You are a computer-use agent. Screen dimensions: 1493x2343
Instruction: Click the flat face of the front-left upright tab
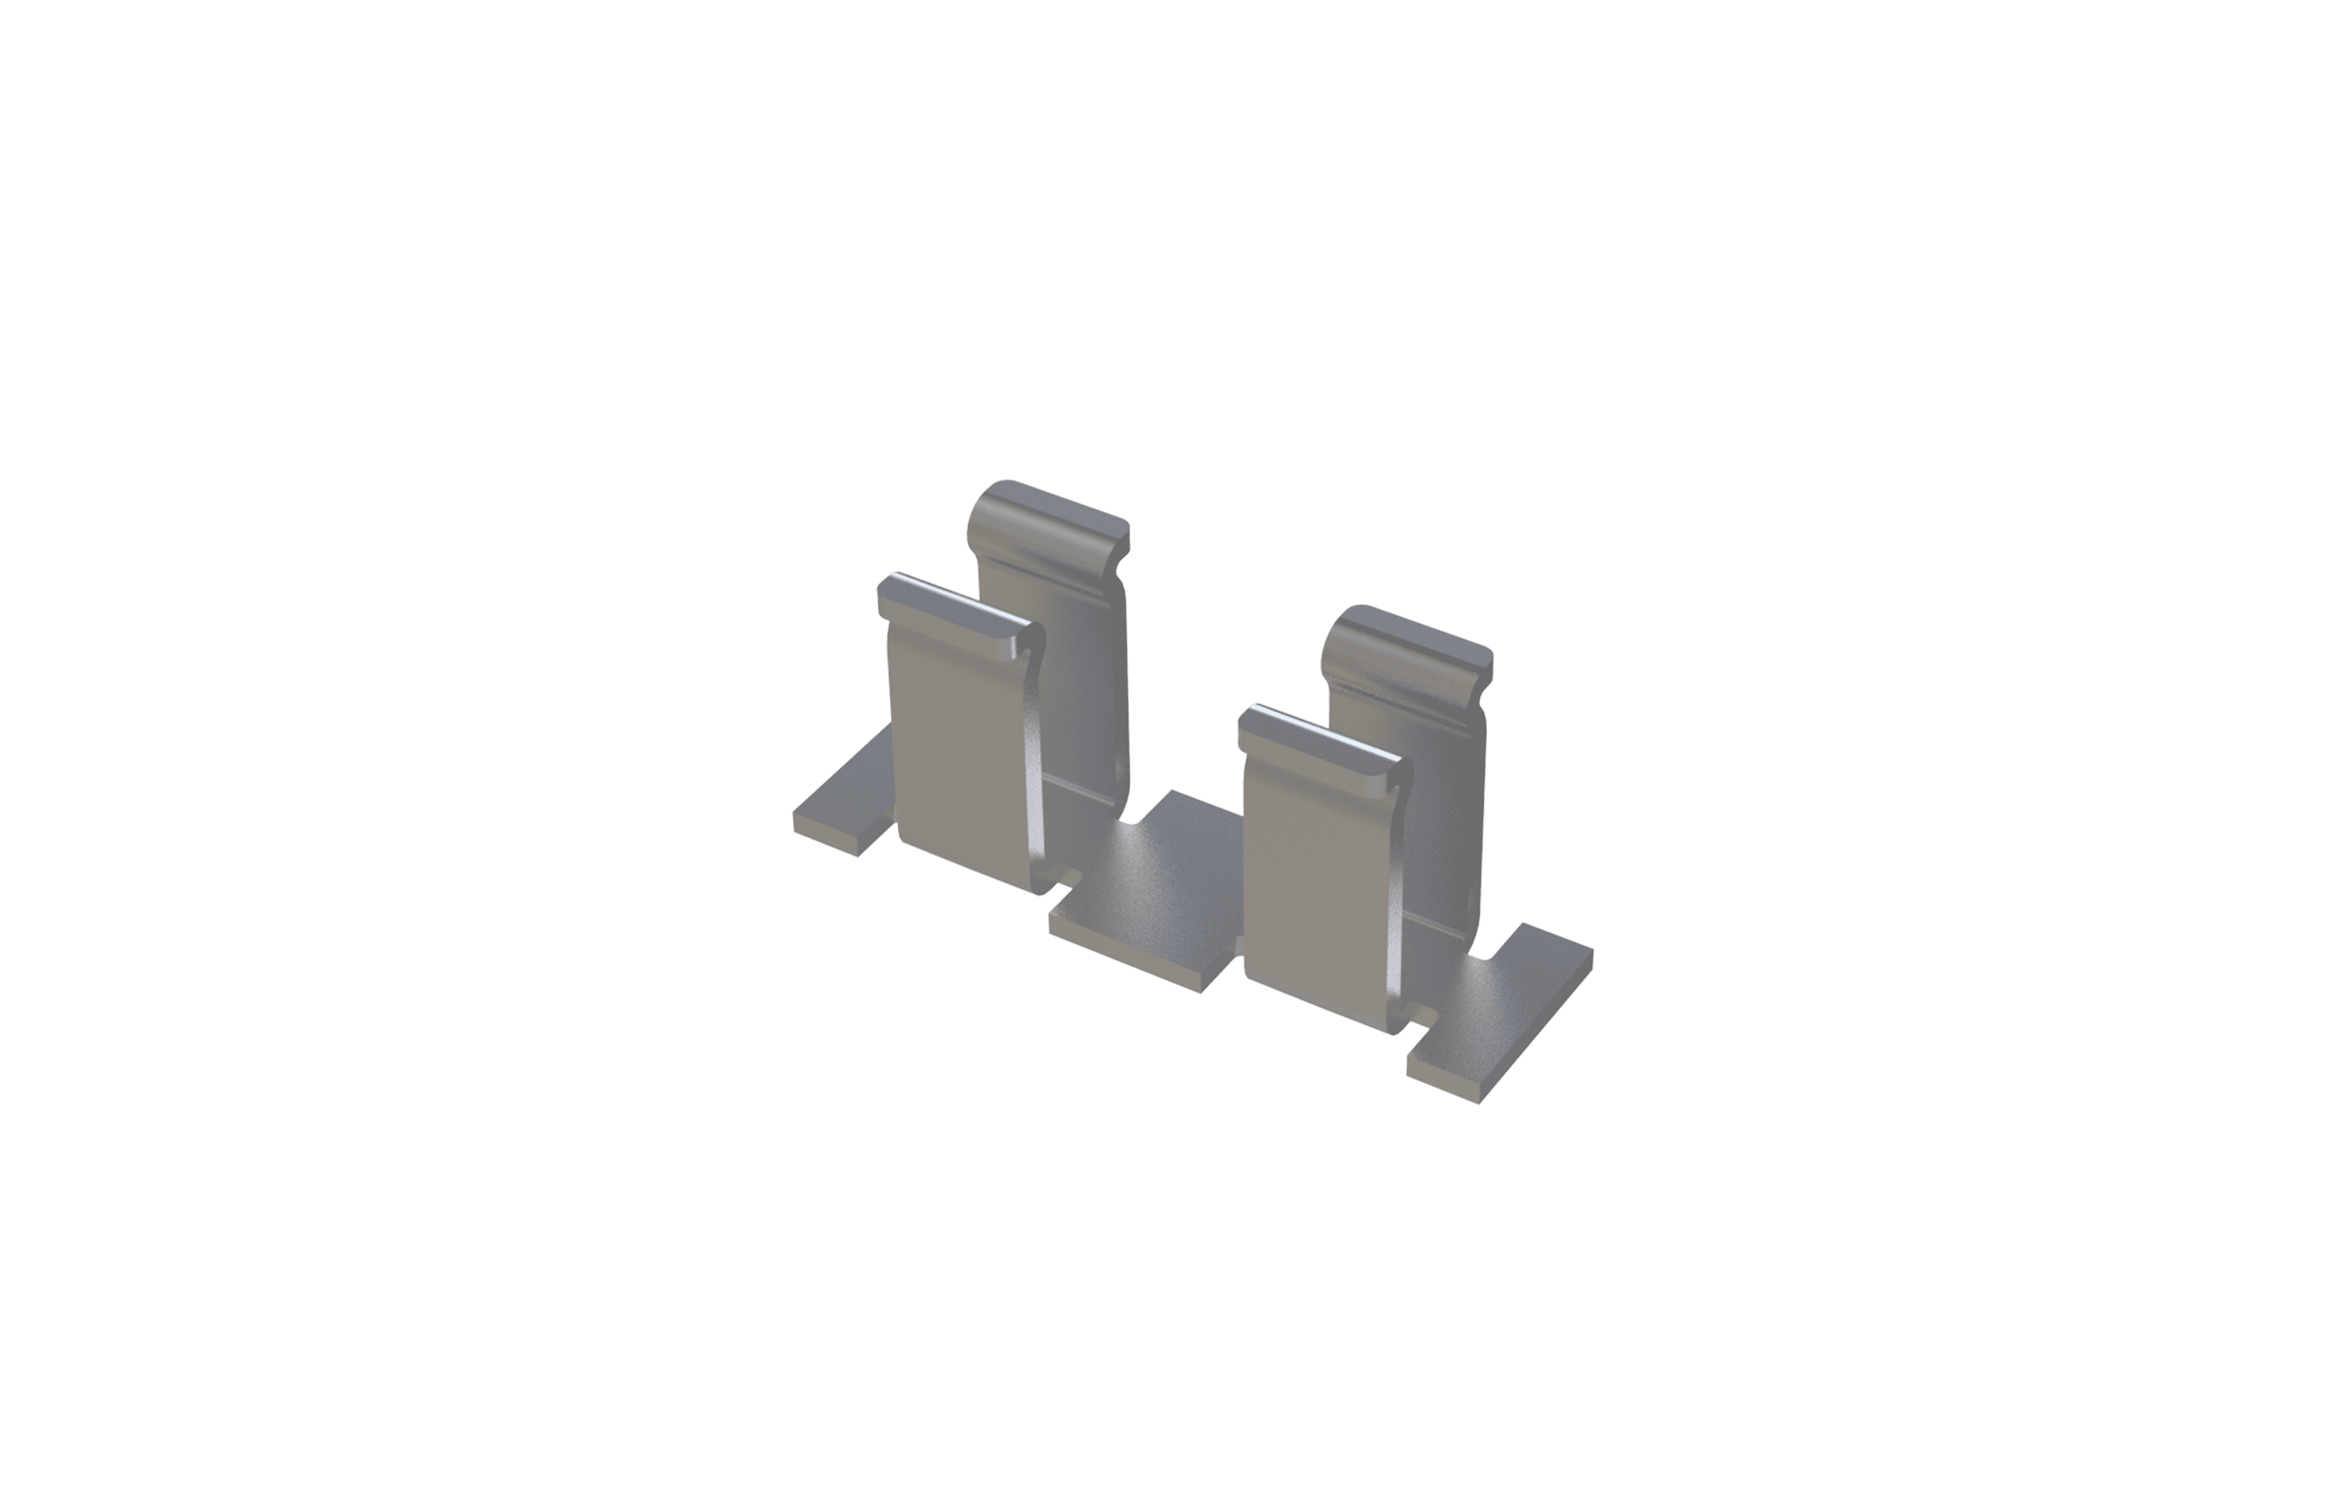tap(959, 749)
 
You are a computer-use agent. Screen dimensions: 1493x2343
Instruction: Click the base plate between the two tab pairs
tap(1158, 886)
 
